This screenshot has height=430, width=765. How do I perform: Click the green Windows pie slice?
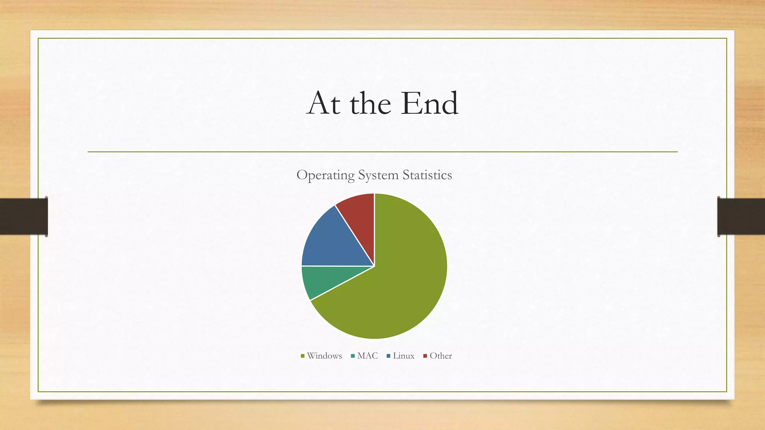click(x=403, y=284)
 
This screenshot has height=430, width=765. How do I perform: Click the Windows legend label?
click(x=324, y=356)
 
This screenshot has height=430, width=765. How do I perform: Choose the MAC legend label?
click(x=368, y=356)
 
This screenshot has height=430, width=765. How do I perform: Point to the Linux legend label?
click(x=403, y=356)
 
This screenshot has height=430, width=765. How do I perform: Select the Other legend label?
click(x=441, y=356)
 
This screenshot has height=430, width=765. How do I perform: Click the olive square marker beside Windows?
click(x=303, y=356)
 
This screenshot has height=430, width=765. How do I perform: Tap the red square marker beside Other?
click(x=425, y=356)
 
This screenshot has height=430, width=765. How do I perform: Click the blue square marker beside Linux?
click(x=388, y=356)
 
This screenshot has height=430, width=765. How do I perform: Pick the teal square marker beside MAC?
click(x=353, y=356)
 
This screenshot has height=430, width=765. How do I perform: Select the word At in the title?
click(x=323, y=103)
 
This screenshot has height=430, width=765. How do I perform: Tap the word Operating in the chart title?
click(x=325, y=175)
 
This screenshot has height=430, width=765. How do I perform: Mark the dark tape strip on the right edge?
click(x=741, y=216)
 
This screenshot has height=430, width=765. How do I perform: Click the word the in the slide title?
click(x=370, y=103)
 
